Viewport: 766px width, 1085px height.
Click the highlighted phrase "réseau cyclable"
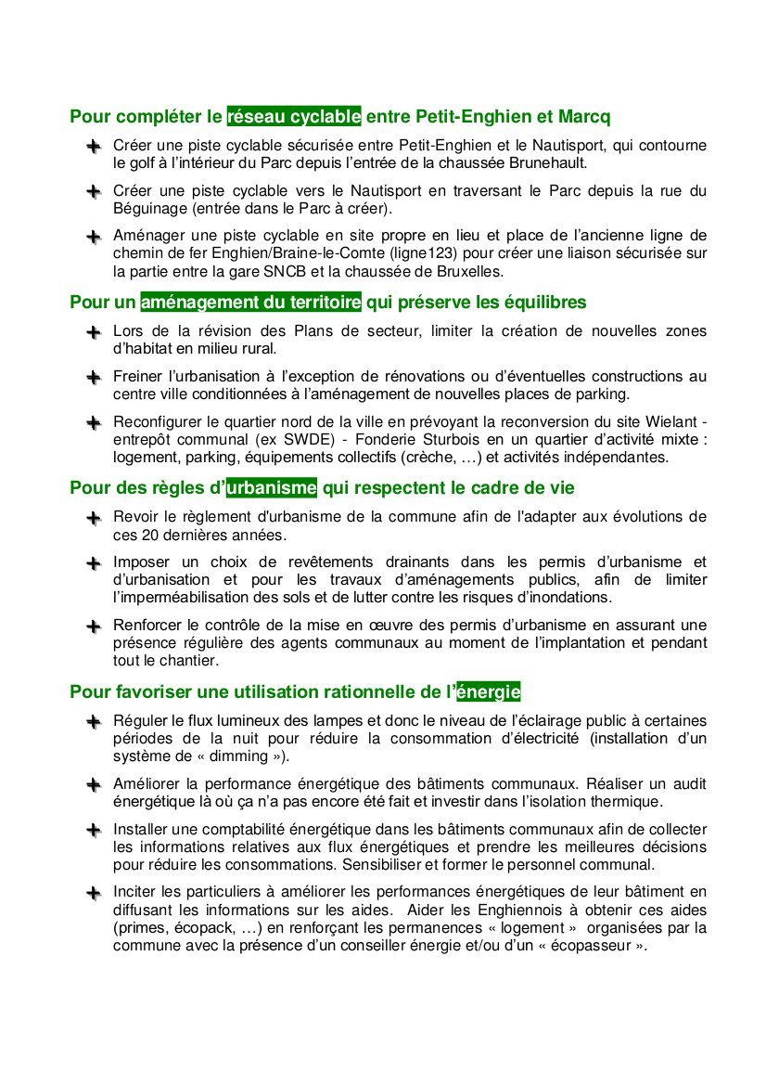point(294,118)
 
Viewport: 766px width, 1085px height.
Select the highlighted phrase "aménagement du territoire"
point(250,303)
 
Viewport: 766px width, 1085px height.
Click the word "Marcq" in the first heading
point(585,118)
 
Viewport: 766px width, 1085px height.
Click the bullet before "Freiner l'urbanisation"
point(93,378)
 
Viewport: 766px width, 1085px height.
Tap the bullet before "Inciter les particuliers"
point(93,894)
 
